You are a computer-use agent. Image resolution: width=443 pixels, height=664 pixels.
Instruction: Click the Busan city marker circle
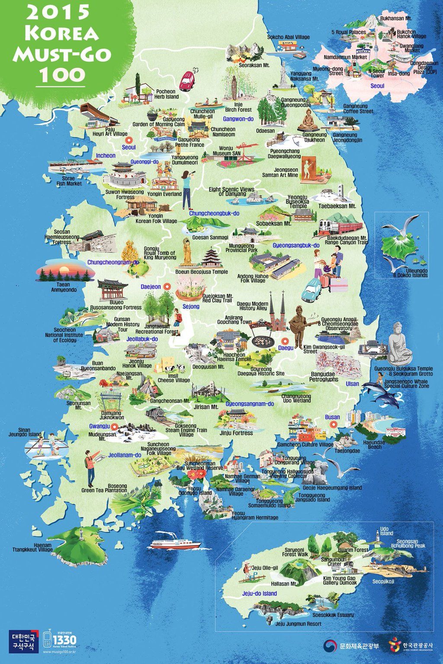(333, 425)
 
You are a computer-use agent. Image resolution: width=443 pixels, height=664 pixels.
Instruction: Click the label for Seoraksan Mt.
(254, 65)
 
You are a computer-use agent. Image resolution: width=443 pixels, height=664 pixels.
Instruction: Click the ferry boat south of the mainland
(176, 543)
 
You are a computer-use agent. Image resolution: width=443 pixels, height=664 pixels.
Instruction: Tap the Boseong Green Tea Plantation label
(105, 488)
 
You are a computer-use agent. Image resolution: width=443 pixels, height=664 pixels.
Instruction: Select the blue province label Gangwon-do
(238, 118)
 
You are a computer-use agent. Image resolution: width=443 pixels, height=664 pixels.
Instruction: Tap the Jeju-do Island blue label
(260, 594)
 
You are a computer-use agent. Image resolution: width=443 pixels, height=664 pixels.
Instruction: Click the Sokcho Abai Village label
(288, 37)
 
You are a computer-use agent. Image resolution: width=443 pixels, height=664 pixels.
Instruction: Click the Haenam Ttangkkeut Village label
(32, 547)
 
